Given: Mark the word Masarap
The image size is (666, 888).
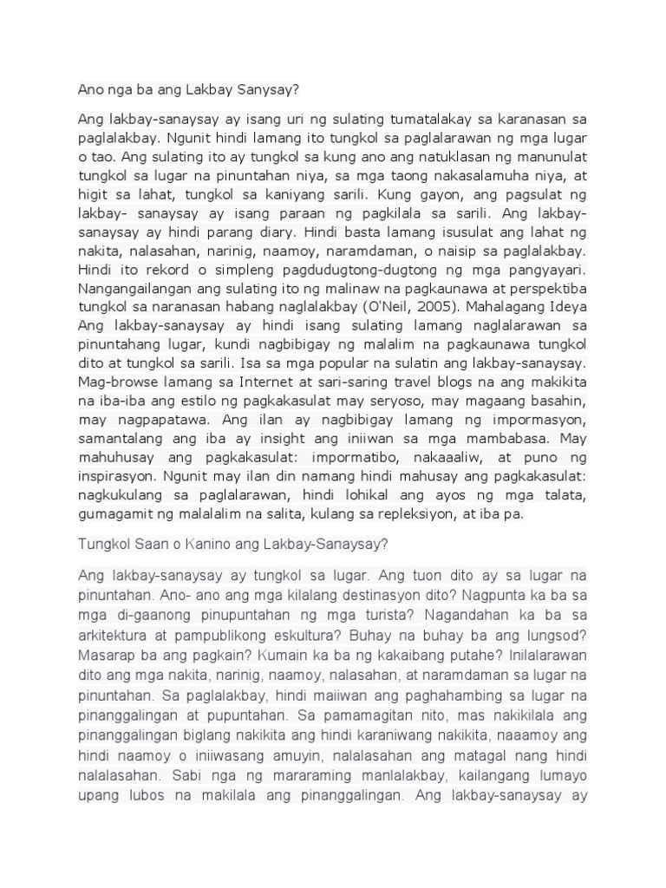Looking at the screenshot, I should (107, 652).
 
